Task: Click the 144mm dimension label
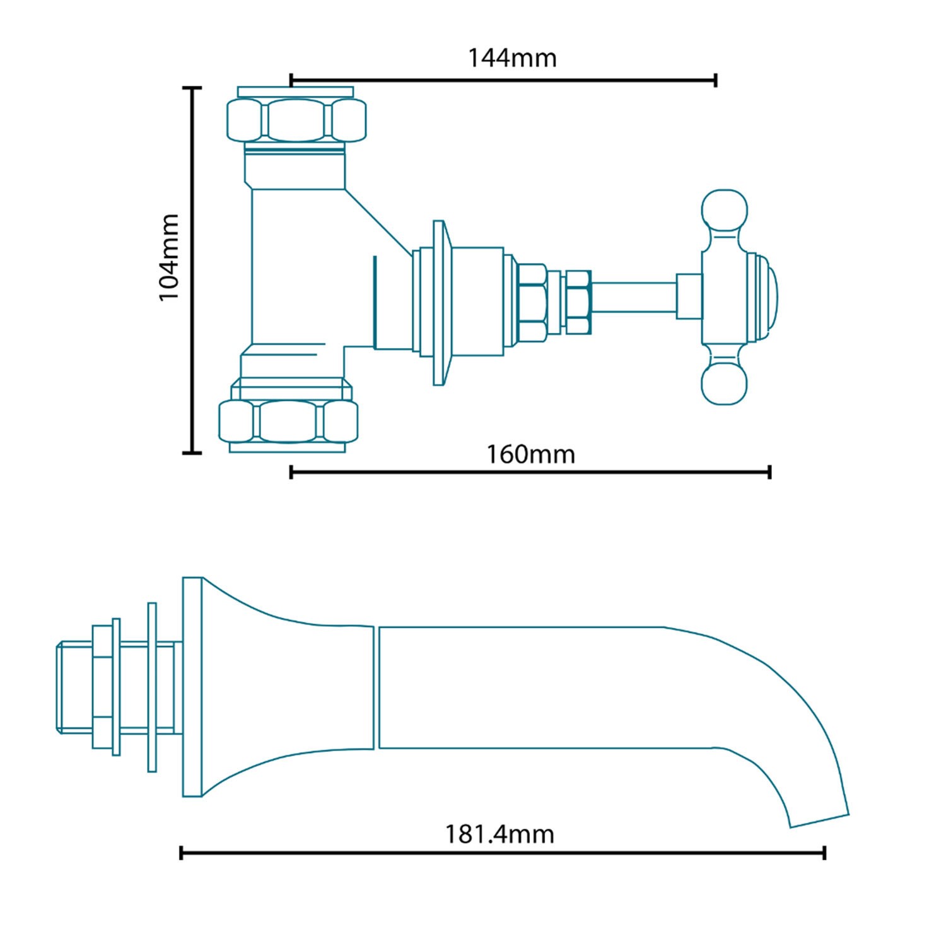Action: (512, 58)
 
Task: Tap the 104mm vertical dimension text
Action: (170, 257)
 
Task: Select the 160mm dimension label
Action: (530, 454)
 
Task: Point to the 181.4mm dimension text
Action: (499, 834)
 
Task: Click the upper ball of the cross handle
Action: (725, 211)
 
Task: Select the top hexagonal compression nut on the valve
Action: (296, 120)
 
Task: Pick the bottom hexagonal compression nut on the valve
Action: (288, 421)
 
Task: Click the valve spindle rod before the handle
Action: (634, 296)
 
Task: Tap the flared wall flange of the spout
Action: (192, 687)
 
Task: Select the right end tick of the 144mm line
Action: (716, 80)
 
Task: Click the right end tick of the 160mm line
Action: (770, 472)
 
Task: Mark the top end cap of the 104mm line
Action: (192, 88)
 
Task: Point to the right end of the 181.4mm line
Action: (824, 853)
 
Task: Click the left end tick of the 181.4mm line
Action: (181, 853)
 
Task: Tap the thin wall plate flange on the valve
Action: (439, 303)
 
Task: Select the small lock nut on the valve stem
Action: (578, 302)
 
